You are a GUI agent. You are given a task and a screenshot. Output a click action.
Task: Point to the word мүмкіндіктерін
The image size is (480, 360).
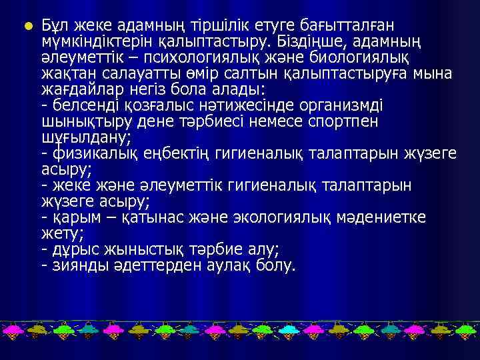point(93,42)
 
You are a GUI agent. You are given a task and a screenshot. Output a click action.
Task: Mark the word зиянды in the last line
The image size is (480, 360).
point(73,266)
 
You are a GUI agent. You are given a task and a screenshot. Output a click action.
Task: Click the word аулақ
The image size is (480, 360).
point(224,266)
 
